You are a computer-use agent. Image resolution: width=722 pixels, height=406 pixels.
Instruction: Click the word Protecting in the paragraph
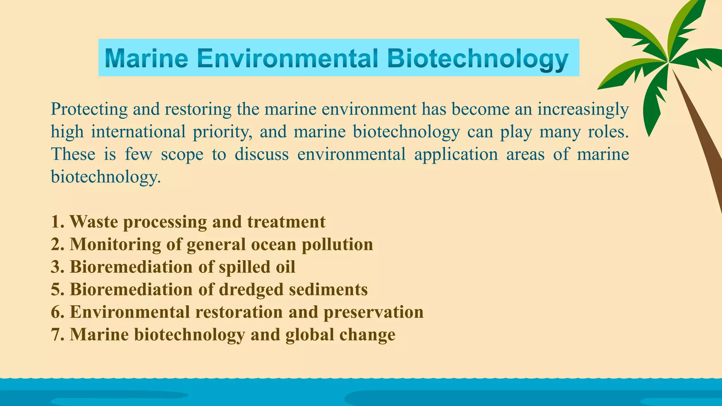click(89, 109)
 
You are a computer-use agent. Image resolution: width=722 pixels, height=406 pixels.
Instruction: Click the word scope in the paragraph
click(182, 154)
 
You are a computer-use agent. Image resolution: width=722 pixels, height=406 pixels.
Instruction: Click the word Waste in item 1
click(94, 222)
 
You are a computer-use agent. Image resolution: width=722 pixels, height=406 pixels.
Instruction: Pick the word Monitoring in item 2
click(115, 245)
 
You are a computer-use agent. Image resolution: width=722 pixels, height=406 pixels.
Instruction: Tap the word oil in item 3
click(286, 267)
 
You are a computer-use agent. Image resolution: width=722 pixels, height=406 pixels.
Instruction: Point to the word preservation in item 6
click(373, 312)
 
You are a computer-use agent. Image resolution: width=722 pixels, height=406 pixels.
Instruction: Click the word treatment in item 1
click(286, 222)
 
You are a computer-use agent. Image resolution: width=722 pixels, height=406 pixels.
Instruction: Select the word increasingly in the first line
click(583, 109)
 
